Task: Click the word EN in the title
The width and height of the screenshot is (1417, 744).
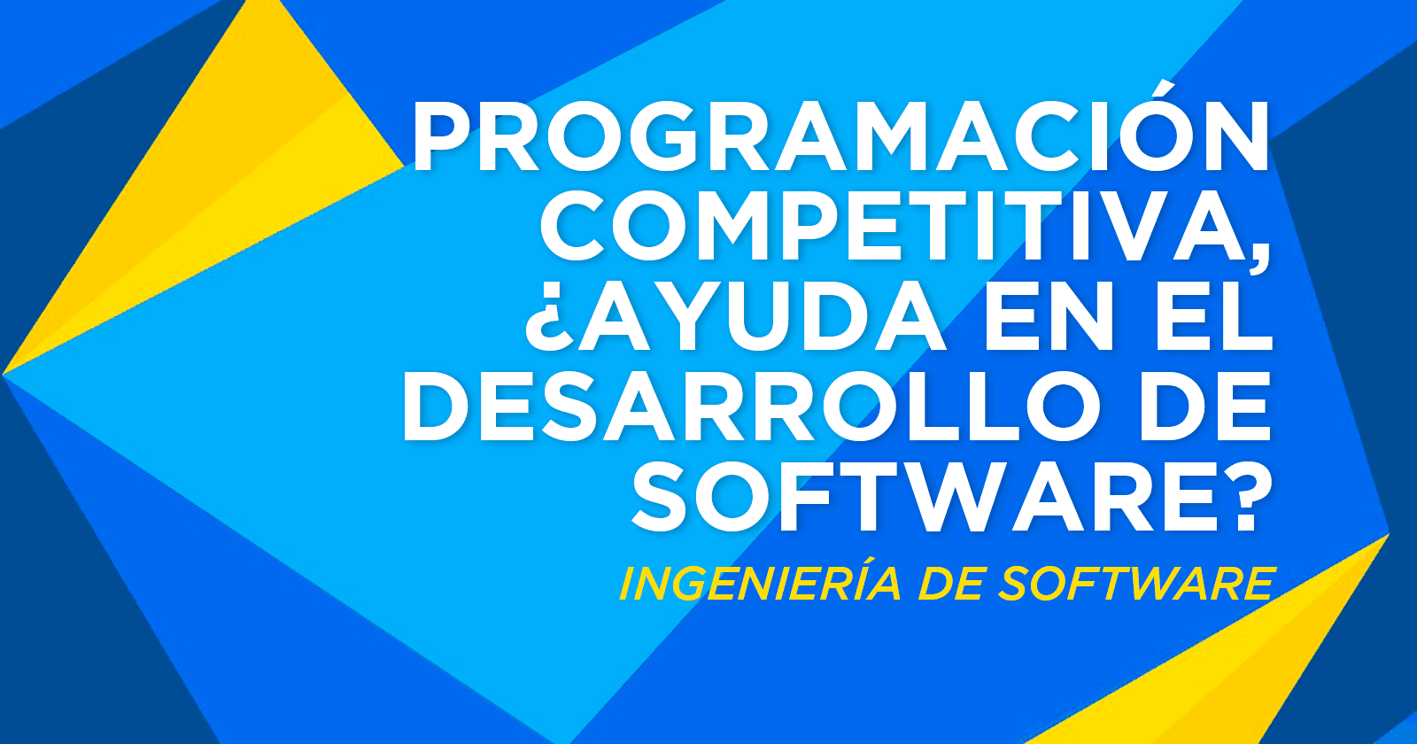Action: (1049, 318)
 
